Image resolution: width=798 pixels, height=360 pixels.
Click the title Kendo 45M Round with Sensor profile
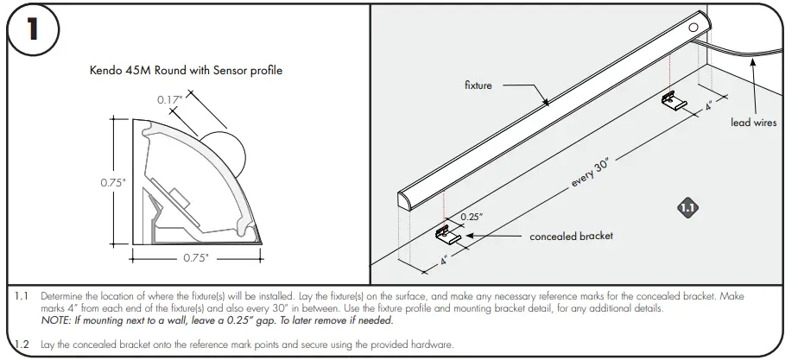tap(187, 71)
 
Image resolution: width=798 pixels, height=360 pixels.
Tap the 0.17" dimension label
tap(170, 99)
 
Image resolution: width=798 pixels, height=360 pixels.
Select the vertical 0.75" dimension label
tap(113, 183)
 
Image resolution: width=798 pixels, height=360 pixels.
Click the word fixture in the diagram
tap(478, 85)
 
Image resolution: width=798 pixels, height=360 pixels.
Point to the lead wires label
tap(753, 123)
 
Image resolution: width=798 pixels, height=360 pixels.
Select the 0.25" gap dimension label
tap(471, 217)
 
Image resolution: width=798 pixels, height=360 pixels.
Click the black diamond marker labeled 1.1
tap(687, 207)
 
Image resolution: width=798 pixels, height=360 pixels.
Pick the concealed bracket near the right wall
tap(674, 103)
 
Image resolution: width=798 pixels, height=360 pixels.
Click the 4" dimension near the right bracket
tap(708, 107)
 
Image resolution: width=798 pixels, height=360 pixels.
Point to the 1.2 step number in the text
tap(23, 344)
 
